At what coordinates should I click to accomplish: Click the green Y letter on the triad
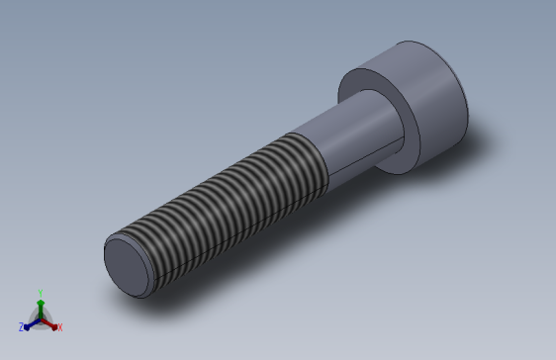point(40,293)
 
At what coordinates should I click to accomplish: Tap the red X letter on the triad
point(59,326)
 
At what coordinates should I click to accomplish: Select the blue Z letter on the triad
point(21,326)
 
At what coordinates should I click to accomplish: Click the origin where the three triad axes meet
point(40,317)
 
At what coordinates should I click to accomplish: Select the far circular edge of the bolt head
point(435,47)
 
